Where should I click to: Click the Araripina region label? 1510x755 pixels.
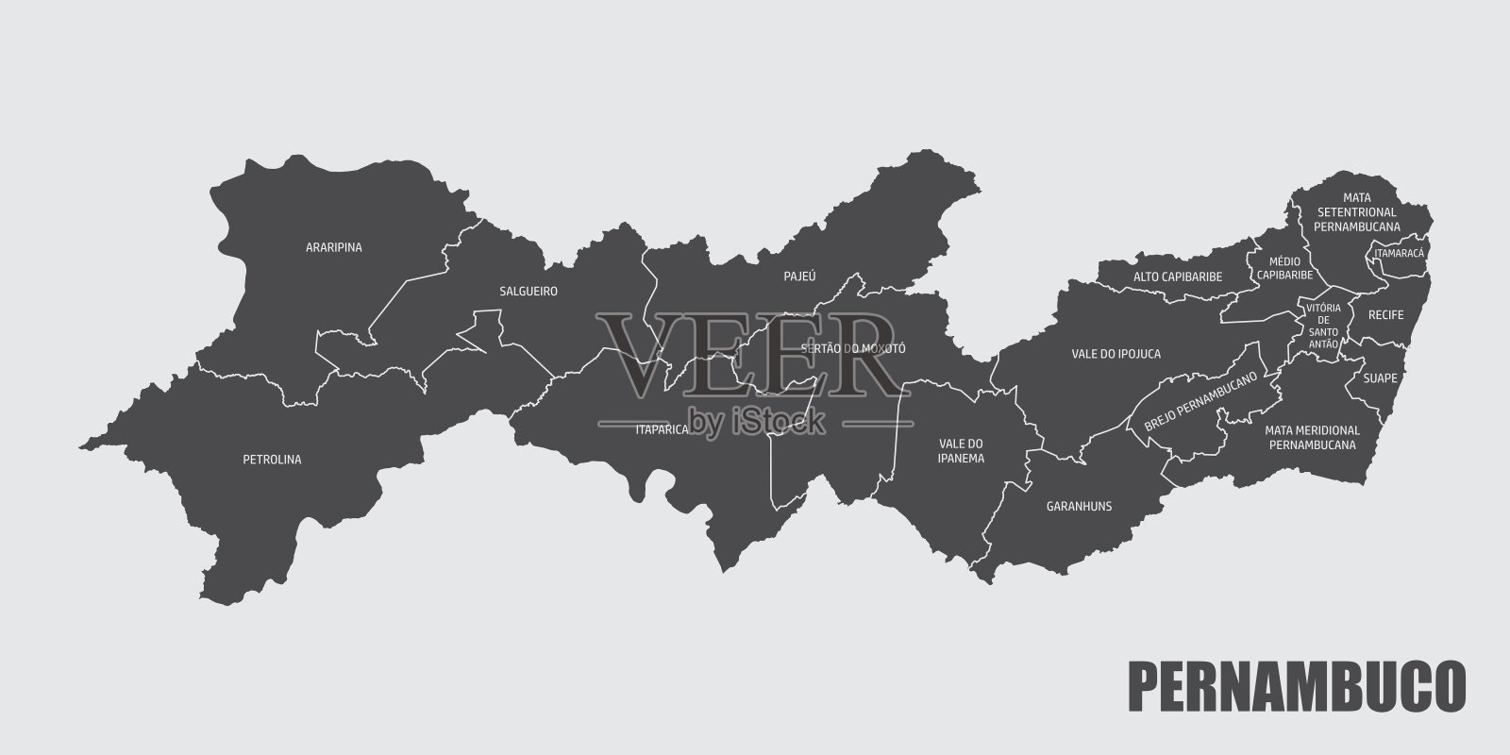pos(334,248)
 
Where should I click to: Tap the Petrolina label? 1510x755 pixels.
pos(271,461)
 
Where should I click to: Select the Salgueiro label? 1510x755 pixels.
pos(528,292)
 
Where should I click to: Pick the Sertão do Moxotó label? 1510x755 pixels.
pos(852,348)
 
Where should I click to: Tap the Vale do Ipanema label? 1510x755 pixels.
pos(962,451)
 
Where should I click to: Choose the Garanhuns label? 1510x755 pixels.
pos(1079,507)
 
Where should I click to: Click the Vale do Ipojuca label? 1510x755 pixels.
pos(1116,354)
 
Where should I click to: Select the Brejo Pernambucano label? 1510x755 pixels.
pos(1201,401)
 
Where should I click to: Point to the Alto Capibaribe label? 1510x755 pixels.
pos(1178,277)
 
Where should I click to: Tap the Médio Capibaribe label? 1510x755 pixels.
pos(1284,268)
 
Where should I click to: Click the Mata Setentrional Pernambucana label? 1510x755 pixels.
pos(1357,212)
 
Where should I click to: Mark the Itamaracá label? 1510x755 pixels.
pos(1400,254)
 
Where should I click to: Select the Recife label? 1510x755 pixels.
pos(1385,314)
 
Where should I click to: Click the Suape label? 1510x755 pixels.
pos(1380,378)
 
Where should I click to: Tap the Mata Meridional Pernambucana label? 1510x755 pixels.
pos(1312,437)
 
